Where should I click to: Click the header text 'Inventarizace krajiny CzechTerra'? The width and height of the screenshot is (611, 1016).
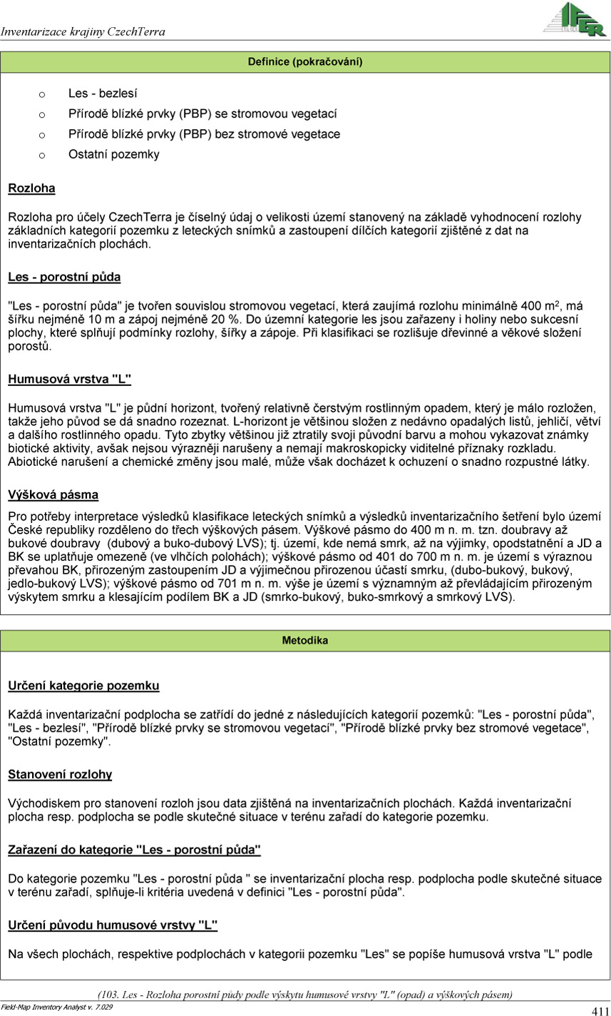(x=83, y=32)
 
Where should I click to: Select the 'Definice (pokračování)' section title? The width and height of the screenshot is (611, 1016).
(x=305, y=62)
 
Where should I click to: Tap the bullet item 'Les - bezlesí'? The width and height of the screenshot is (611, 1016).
(x=103, y=93)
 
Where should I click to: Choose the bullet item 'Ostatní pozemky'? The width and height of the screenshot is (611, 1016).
(x=114, y=154)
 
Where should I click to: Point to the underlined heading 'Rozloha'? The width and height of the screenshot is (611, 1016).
(x=31, y=189)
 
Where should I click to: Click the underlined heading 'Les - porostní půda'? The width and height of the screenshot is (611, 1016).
(x=64, y=277)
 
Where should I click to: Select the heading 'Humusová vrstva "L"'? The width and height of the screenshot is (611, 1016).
(x=70, y=380)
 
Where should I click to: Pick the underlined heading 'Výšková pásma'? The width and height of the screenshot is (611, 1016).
(x=53, y=494)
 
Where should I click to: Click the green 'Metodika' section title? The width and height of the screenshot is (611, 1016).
(x=305, y=641)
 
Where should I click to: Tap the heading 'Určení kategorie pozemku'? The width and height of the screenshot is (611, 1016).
(x=83, y=686)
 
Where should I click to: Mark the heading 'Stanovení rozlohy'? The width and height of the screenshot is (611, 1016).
(x=60, y=774)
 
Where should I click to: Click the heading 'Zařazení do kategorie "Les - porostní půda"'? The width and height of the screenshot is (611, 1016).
(x=134, y=850)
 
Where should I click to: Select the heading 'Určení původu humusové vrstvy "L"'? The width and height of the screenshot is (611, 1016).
(x=113, y=925)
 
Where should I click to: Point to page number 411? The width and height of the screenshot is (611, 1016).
(x=600, y=1010)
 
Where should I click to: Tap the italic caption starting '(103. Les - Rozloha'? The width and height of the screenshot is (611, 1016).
(x=305, y=994)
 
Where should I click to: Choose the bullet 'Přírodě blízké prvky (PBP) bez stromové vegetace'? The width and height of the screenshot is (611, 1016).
(x=204, y=134)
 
